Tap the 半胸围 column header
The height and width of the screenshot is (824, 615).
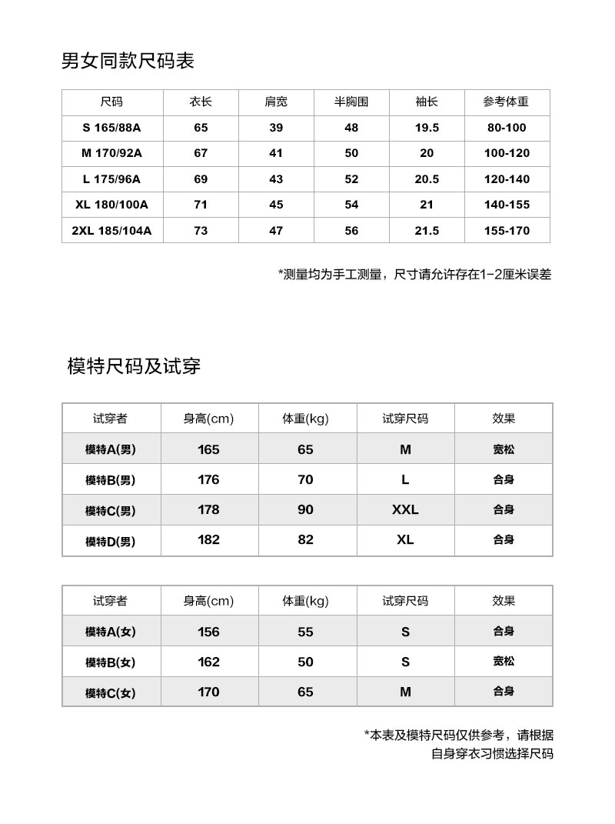pos(351,102)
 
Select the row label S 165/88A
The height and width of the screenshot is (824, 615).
pos(111,128)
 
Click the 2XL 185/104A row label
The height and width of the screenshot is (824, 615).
pos(111,231)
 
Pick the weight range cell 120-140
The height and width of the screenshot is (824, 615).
pos(507,179)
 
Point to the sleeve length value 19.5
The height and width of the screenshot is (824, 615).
pos(427,128)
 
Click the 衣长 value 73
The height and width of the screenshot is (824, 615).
pos(201,231)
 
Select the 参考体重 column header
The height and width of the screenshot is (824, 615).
pos(506,102)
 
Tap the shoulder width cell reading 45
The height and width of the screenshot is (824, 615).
pos(276,205)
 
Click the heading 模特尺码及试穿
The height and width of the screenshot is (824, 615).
pos(134,366)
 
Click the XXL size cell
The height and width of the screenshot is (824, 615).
pos(405,509)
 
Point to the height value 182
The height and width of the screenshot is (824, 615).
pos(208,540)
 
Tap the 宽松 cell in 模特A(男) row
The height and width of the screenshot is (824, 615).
pos(504,449)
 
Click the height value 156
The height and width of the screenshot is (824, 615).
pos(208,632)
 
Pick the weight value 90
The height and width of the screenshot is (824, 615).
pos(305,509)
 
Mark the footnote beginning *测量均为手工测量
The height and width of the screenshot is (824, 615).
pos(414,274)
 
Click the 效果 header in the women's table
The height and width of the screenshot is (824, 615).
pos(504,601)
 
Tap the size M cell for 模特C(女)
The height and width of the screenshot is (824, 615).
pos(405,692)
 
